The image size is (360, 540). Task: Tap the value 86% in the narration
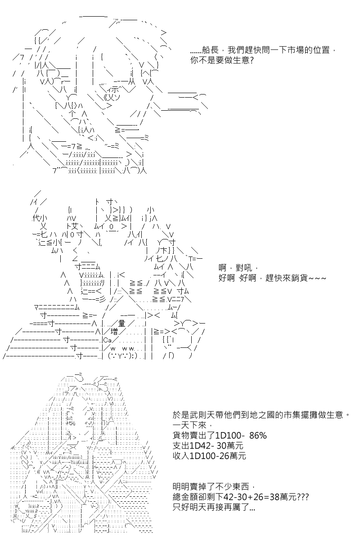pos(258,436)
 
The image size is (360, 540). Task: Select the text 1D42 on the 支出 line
pos(199,445)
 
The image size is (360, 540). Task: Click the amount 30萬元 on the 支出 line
pos(230,445)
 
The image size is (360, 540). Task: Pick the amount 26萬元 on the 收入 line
pos(233,456)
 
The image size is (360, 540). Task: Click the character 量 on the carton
pos(121,324)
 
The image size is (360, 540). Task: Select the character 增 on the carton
pos(114,332)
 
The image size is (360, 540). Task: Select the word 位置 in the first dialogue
pos(321,50)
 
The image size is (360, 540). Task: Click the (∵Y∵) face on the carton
pos(123,356)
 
